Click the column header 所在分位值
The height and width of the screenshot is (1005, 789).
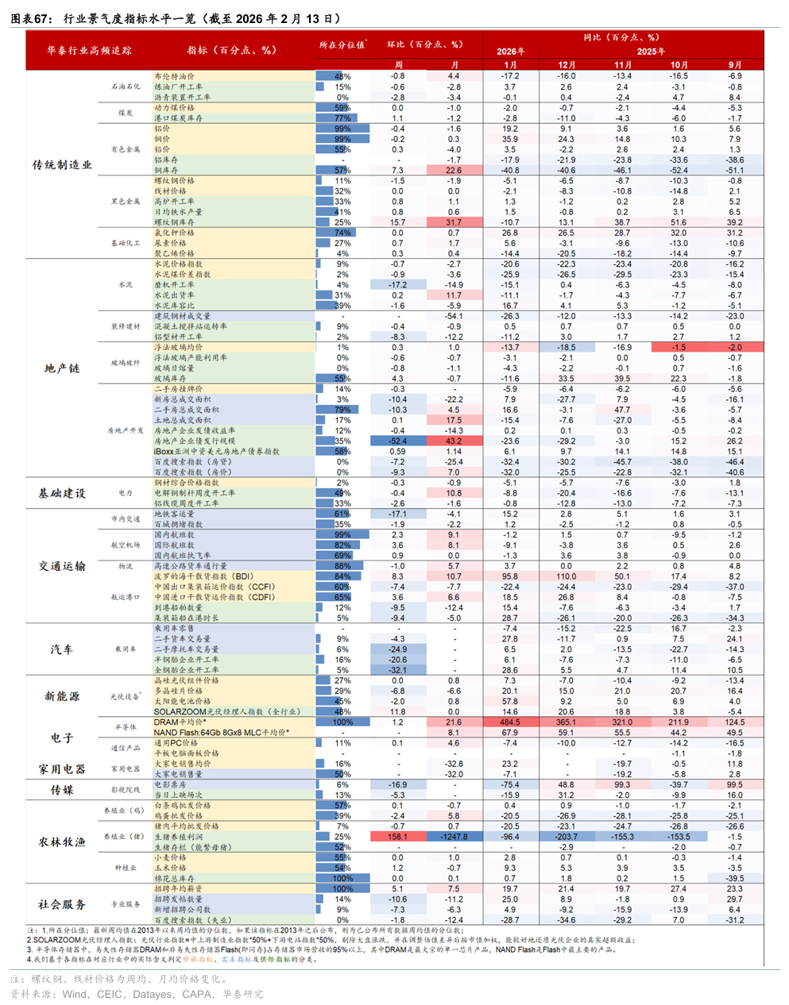pos(342,45)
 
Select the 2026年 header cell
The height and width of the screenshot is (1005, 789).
pos(510,52)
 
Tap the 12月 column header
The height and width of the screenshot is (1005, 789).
pos(567,65)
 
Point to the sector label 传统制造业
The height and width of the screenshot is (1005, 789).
pos(62,165)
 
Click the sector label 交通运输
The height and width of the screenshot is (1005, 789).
pos(62,566)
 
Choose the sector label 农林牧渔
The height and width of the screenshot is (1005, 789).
pos(62,841)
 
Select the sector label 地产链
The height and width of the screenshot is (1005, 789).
pos(62,368)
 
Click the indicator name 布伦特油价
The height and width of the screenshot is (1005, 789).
pos(174,77)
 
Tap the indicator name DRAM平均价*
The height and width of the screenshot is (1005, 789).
pos(180,722)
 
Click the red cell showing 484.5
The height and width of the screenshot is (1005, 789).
pos(510,722)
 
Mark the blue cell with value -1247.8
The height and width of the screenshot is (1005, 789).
pos(454,837)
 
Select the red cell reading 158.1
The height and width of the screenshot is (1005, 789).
pos(397,837)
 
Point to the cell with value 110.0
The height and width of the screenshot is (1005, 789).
pos(567,576)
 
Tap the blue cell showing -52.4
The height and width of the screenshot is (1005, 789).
pos(397,441)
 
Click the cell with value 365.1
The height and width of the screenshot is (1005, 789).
pos(567,722)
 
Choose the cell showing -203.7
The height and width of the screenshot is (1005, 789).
pos(567,837)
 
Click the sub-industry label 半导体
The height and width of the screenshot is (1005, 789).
pos(126,727)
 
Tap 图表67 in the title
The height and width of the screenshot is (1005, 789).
pos(30,18)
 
